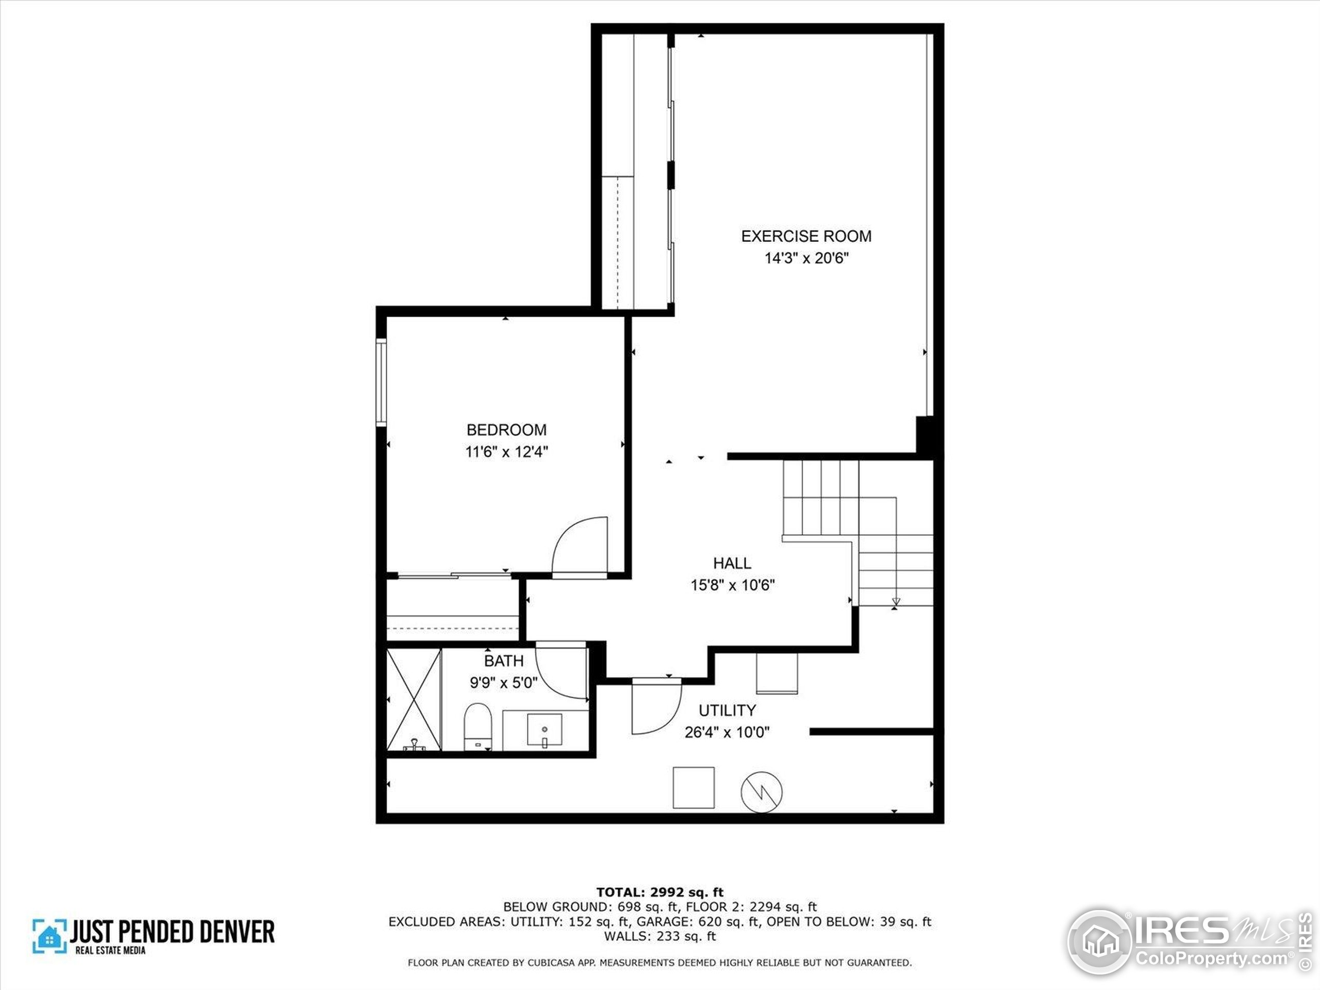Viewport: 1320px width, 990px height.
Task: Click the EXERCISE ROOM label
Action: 806,236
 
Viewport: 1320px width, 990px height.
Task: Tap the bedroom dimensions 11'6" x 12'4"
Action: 507,452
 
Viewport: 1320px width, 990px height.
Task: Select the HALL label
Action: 732,563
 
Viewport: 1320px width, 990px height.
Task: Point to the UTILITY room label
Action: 728,710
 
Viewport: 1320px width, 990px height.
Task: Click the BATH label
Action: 504,661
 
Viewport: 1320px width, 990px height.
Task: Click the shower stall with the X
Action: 414,699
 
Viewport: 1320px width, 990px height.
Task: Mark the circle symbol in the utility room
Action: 762,792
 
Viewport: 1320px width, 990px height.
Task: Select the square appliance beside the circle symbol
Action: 694,788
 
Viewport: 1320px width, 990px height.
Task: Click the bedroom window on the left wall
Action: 381,382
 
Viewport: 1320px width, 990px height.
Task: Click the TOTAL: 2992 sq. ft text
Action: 659,892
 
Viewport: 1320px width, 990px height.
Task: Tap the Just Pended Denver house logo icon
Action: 49,935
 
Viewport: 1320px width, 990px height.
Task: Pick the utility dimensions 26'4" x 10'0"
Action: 727,732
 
